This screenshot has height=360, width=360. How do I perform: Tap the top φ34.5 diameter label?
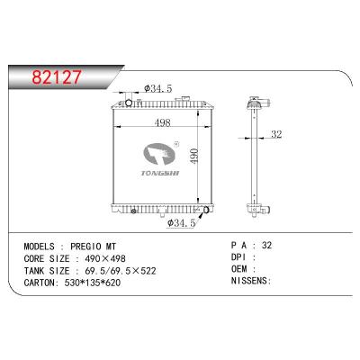click(157, 89)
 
